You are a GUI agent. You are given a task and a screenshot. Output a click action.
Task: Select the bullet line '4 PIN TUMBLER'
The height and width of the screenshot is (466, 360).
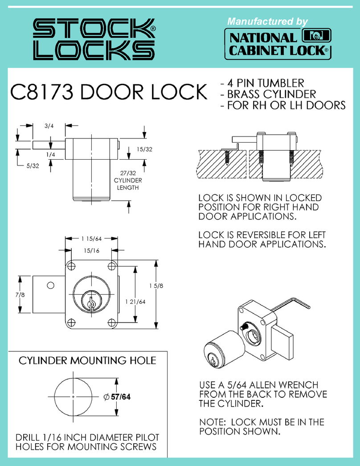click(x=262, y=83)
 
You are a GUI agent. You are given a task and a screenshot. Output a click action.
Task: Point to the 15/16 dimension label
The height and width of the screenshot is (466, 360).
click(x=91, y=252)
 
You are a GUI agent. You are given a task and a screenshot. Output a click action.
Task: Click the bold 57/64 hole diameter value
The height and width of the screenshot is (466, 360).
click(x=121, y=396)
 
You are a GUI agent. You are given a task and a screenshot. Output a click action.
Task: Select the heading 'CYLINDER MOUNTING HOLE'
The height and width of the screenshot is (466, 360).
click(x=87, y=360)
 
